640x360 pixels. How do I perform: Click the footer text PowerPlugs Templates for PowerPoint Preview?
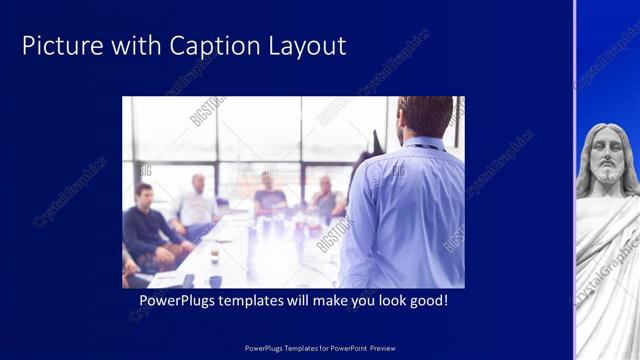point(320,348)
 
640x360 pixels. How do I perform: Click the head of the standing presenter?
point(424,118)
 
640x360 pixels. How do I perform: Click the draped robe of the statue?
point(606,270)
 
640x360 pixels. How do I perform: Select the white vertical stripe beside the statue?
point(575,180)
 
